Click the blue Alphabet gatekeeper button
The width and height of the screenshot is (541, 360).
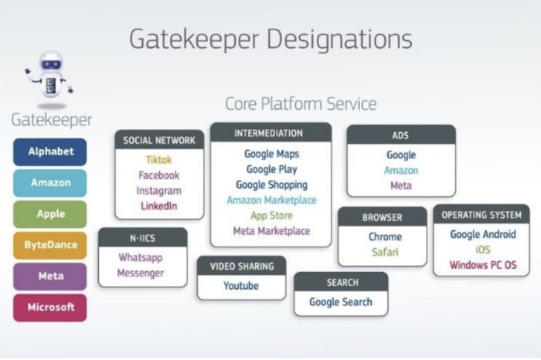click(50, 151)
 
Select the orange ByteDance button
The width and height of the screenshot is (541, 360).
click(50, 245)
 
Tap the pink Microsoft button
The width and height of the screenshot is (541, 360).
click(50, 307)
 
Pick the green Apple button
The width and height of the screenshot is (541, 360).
click(50, 214)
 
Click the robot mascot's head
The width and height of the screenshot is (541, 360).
click(52, 63)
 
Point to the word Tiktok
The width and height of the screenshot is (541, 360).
click(159, 160)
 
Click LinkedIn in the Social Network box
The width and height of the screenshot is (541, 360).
click(159, 205)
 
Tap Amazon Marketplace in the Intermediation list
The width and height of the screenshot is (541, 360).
click(271, 200)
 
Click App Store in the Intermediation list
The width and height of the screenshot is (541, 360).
click(271, 216)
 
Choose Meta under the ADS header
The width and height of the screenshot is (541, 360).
click(401, 185)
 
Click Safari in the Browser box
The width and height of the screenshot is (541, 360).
click(385, 252)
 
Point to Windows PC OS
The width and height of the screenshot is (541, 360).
click(483, 265)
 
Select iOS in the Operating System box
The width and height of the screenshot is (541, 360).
click(483, 250)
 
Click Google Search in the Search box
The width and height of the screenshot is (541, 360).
click(341, 302)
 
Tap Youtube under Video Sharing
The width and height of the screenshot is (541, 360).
click(241, 286)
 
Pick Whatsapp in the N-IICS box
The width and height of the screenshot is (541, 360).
click(141, 257)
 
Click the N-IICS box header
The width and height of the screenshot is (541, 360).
click(142, 238)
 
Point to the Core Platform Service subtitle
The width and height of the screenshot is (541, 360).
click(301, 104)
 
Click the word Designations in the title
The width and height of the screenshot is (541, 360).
click(339, 39)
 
